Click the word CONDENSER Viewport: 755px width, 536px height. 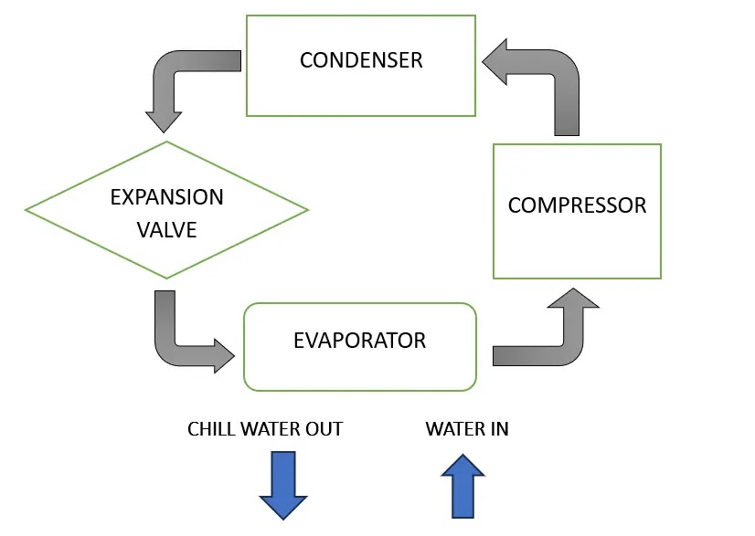[x=361, y=61]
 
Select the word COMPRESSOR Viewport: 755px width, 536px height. [x=577, y=205]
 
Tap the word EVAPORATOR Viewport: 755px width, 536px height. [x=359, y=341]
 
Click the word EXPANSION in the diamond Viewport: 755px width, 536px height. [x=166, y=197]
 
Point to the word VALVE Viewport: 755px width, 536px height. [x=166, y=229]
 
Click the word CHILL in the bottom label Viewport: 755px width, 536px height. [x=211, y=428]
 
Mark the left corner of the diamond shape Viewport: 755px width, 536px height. [x=27, y=210]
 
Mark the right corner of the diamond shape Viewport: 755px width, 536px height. [x=307, y=210]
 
